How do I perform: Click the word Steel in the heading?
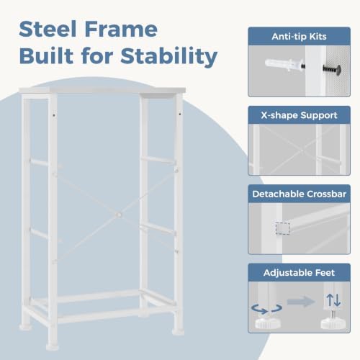click(x=48, y=29)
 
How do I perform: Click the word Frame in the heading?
click(x=121, y=29)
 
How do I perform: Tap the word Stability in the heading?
click(x=169, y=57)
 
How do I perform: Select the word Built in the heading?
click(x=46, y=55)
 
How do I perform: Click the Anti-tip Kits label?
click(x=299, y=37)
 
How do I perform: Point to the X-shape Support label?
click(x=299, y=115)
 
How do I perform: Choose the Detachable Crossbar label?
click(x=299, y=194)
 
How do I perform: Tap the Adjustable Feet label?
click(x=299, y=273)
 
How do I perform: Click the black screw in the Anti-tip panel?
click(x=333, y=69)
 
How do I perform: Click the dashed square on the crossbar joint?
click(x=282, y=228)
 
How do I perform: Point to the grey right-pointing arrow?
click(x=301, y=302)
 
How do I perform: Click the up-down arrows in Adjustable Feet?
click(x=333, y=300)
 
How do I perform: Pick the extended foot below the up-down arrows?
click(x=332, y=320)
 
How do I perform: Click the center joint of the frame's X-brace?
click(x=119, y=215)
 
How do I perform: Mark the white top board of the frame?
click(x=102, y=90)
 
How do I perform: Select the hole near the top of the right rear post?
click(x=180, y=114)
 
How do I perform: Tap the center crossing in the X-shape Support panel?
click(x=302, y=150)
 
